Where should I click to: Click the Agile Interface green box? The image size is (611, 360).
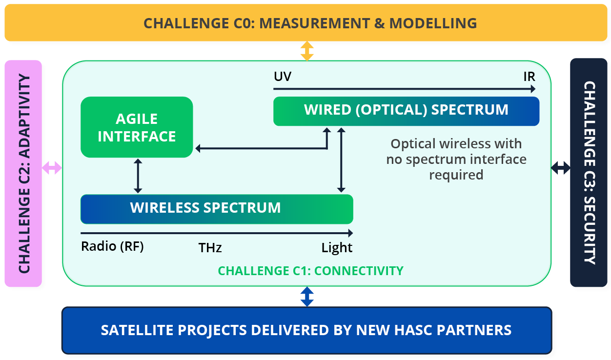[137, 127]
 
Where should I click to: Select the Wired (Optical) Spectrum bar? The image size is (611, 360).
[406, 111]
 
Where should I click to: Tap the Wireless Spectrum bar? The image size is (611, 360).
[216, 209]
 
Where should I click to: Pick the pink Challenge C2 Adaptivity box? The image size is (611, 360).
[23, 173]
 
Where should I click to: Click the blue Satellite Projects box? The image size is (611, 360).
[306, 330]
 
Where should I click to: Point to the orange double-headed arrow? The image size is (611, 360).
[306, 51]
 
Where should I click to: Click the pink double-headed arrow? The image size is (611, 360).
[52, 168]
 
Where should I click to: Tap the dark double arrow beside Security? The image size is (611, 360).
[560, 168]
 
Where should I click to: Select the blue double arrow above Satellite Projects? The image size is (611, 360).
[306, 296]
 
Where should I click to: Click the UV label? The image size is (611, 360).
[283, 77]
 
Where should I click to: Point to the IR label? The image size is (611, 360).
[529, 77]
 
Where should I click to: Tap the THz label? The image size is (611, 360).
[210, 248]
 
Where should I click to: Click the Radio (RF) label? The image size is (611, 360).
[112, 246]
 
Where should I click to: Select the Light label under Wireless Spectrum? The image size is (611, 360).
[337, 248]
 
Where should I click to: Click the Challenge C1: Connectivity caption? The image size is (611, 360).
[310, 271]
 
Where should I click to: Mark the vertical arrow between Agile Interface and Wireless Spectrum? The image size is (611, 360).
[138, 176]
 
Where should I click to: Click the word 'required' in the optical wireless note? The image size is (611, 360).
[456, 174]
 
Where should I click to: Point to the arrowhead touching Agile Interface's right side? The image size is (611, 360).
[198, 148]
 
